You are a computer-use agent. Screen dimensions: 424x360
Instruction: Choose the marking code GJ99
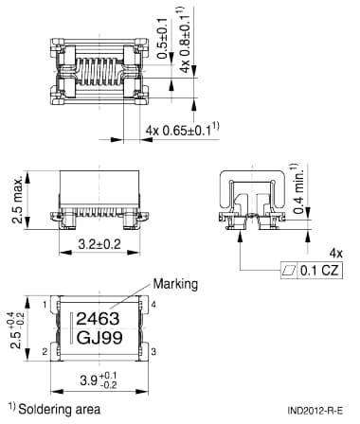[x=99, y=339]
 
